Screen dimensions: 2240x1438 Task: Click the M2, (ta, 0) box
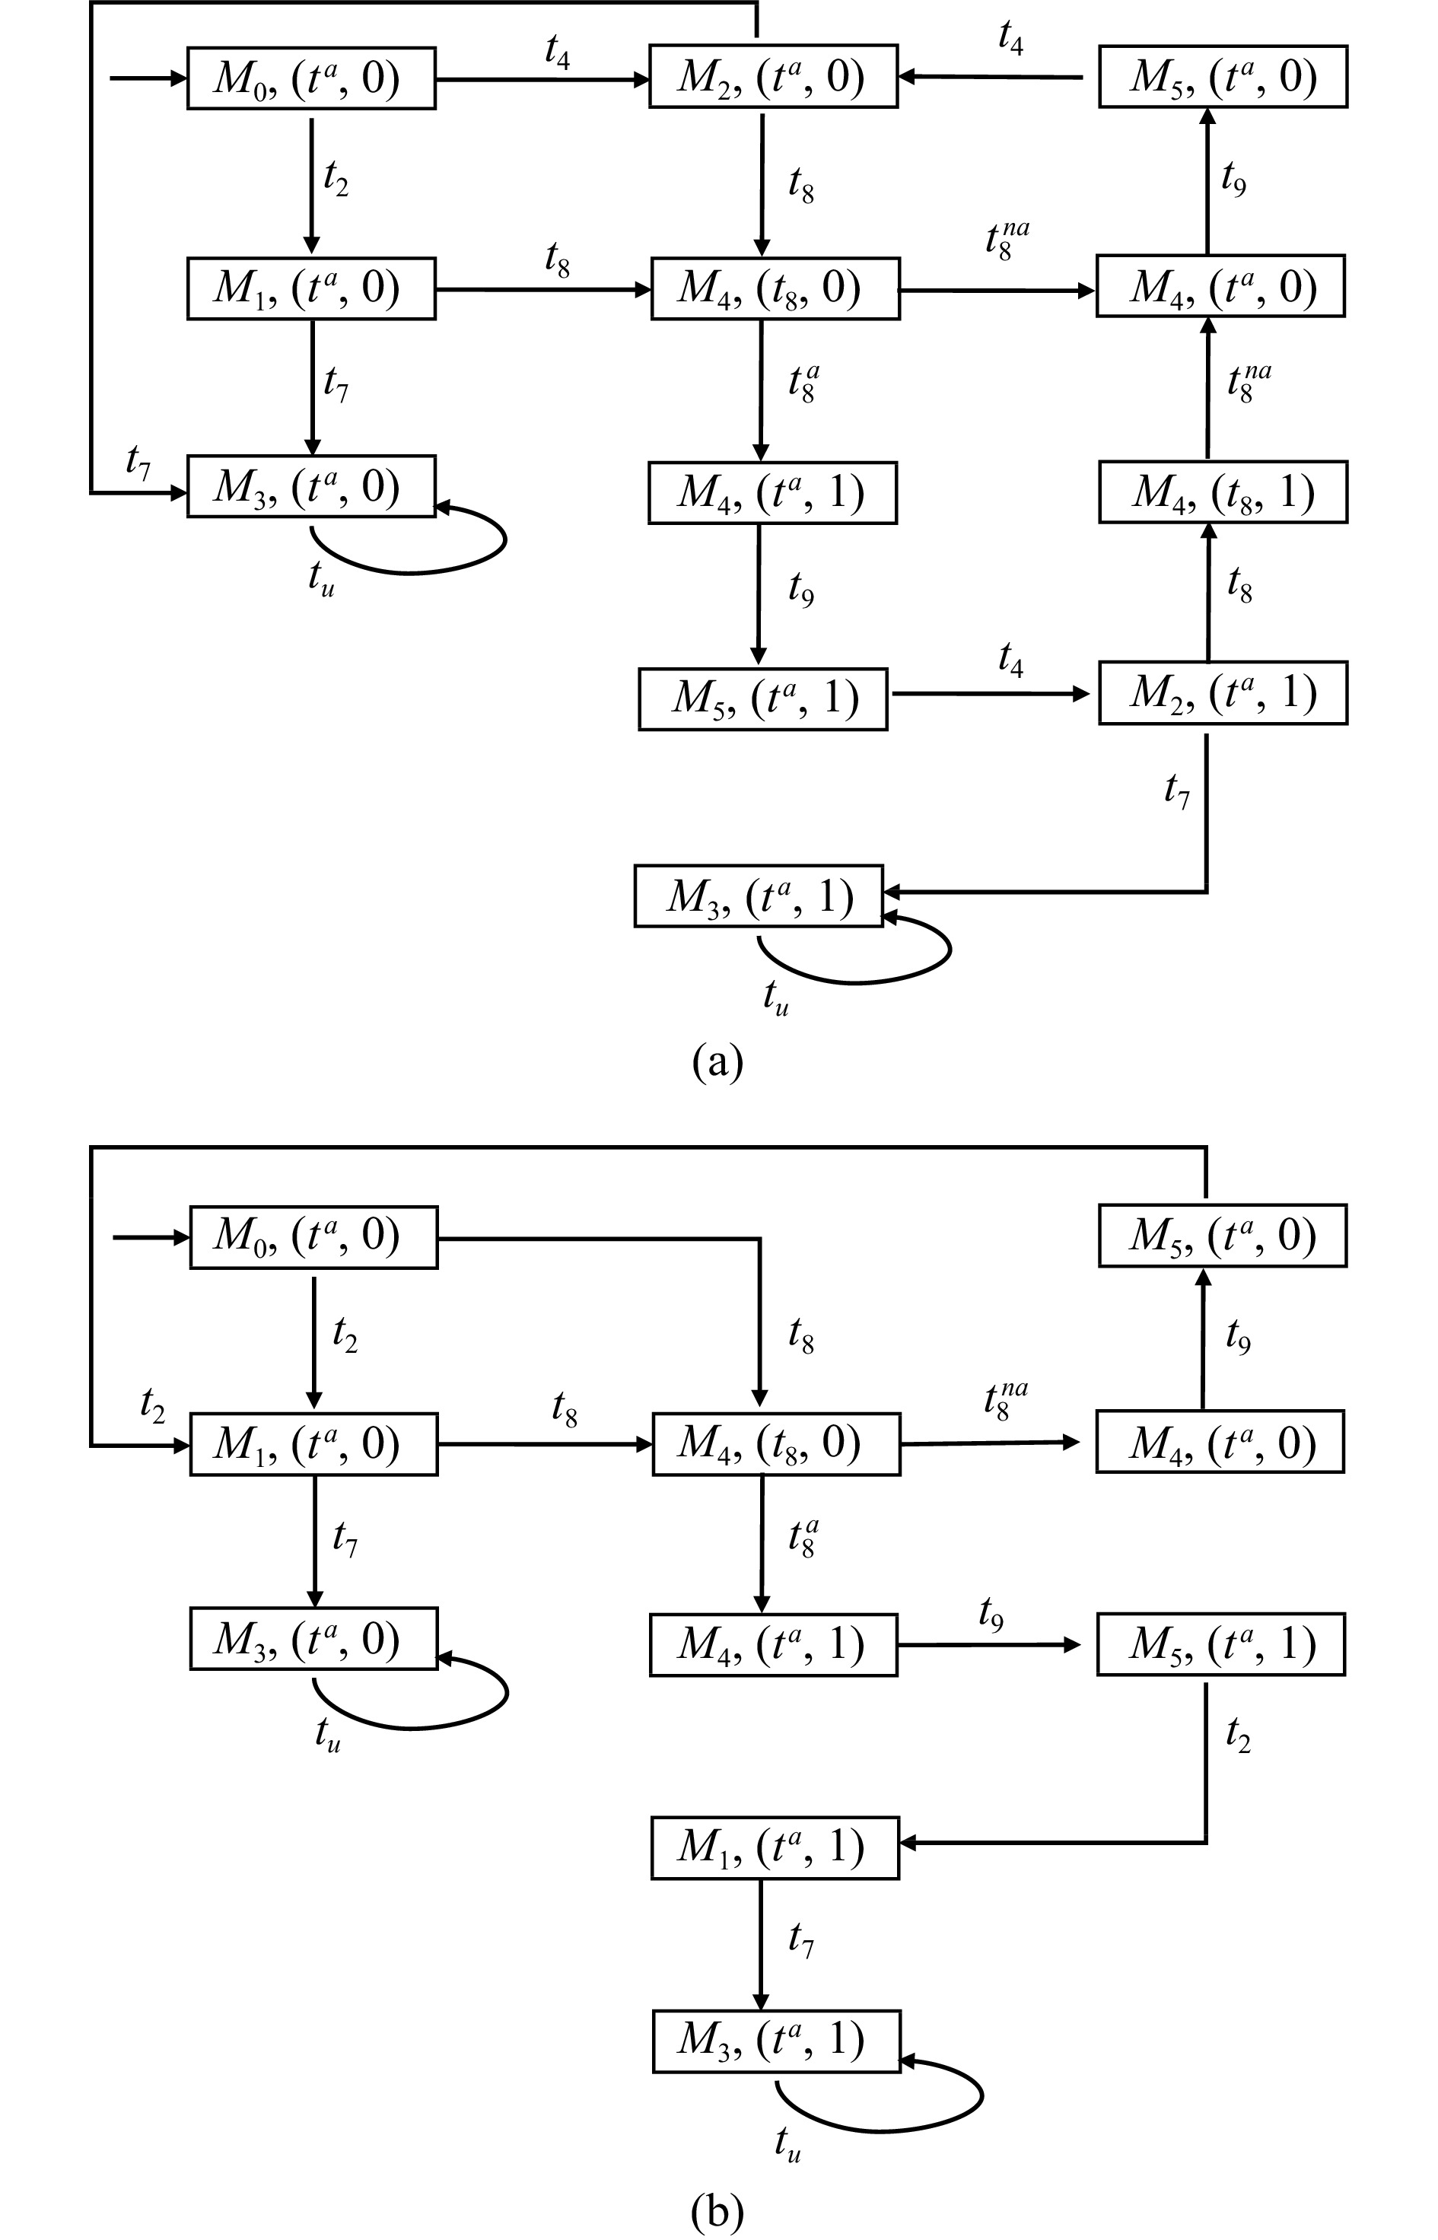pyautogui.click(x=773, y=77)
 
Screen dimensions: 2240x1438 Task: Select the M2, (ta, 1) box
pyautogui.click(x=1222, y=693)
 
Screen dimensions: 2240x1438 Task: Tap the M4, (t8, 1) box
pyautogui.click(x=1222, y=492)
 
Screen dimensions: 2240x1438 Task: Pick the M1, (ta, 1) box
pyautogui.click(x=774, y=1847)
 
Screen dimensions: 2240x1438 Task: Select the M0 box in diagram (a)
pyautogui.click(x=311, y=78)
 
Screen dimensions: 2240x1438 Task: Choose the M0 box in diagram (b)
pyautogui.click(x=313, y=1237)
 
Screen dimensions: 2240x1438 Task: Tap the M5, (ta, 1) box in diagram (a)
pyautogui.click(x=763, y=698)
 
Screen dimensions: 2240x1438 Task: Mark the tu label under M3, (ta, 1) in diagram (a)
pyautogui.click(x=776, y=998)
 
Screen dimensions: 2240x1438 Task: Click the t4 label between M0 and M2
pyautogui.click(x=558, y=52)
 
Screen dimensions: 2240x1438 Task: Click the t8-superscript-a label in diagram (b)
pyautogui.click(x=802, y=1538)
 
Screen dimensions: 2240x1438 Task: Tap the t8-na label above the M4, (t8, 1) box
pyautogui.click(x=1249, y=383)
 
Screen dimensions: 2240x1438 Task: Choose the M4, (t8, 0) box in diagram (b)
pyautogui.click(x=776, y=1443)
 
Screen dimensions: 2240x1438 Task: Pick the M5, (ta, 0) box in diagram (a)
pyautogui.click(x=1222, y=77)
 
